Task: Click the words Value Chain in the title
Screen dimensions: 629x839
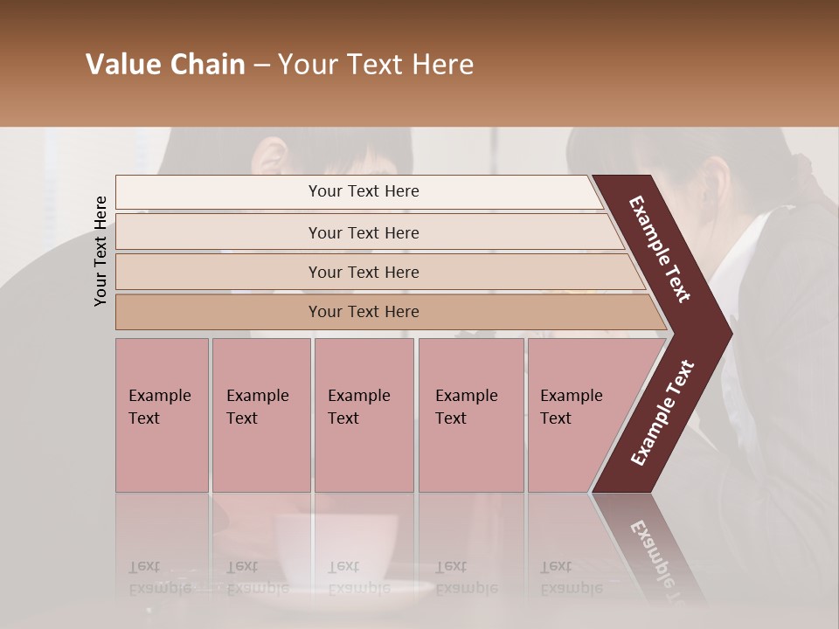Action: (x=165, y=65)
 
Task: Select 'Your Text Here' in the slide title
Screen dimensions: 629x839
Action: (x=376, y=65)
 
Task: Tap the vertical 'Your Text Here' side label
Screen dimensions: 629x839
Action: (x=101, y=251)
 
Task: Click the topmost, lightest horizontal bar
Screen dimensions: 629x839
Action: (x=363, y=191)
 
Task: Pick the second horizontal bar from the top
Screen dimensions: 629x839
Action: (x=363, y=232)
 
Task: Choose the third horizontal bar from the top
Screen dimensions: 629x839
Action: (x=363, y=272)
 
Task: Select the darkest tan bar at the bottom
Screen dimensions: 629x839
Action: (x=363, y=312)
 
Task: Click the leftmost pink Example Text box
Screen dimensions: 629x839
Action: (x=162, y=415)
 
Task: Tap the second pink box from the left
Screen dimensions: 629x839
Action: (x=260, y=415)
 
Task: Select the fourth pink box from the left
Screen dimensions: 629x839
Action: (x=471, y=415)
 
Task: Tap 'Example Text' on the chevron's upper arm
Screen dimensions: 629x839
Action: (x=660, y=249)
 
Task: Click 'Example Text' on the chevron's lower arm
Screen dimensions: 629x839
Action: (x=662, y=412)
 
